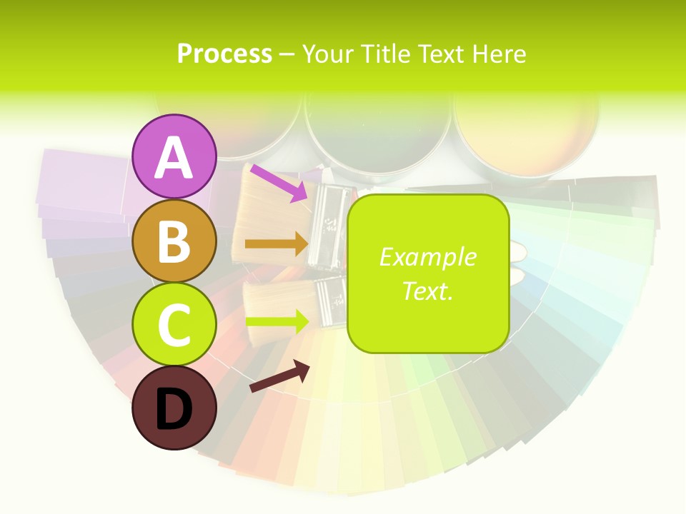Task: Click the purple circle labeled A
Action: pyautogui.click(x=174, y=157)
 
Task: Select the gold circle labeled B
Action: pyautogui.click(x=174, y=241)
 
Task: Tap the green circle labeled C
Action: pyautogui.click(x=174, y=325)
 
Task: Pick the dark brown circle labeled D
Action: pyautogui.click(x=174, y=408)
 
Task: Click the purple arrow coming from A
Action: pyautogui.click(x=279, y=183)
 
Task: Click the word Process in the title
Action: pyautogui.click(x=224, y=54)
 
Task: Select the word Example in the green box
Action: pyautogui.click(x=427, y=257)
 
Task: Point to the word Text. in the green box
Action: pyautogui.click(x=427, y=291)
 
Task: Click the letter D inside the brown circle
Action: pyautogui.click(x=174, y=410)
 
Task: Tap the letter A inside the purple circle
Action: pyautogui.click(x=174, y=158)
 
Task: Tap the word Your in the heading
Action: pyautogui.click(x=328, y=54)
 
